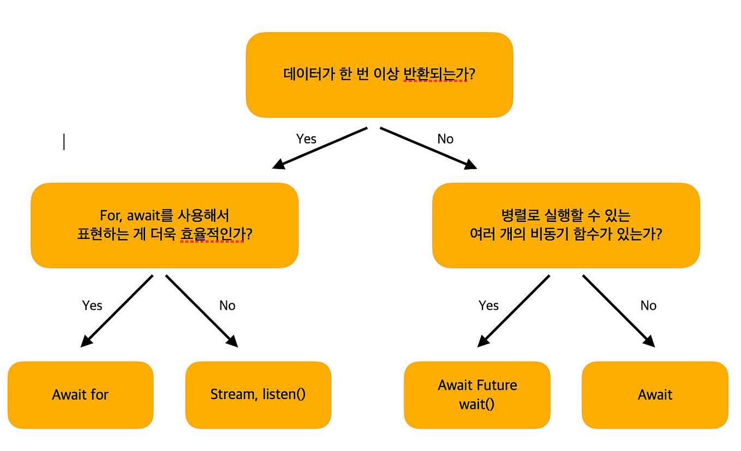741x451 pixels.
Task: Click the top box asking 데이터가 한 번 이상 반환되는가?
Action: click(x=379, y=75)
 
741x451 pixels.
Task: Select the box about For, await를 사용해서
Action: click(x=164, y=225)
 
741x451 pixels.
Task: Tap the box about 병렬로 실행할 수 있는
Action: click(x=566, y=225)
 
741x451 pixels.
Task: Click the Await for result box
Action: click(x=80, y=395)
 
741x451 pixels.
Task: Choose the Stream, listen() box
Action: click(x=258, y=395)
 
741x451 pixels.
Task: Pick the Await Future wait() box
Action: click(x=477, y=395)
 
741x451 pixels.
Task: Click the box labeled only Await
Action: click(x=655, y=395)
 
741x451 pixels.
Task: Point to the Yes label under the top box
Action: click(x=306, y=139)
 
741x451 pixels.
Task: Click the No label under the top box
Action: click(x=445, y=139)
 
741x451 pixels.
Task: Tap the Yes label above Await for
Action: click(x=92, y=305)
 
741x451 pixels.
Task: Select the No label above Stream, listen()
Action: click(x=227, y=305)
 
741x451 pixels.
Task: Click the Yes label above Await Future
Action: click(x=488, y=305)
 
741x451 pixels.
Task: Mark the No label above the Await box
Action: click(x=648, y=305)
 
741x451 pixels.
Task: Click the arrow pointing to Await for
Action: click(x=117, y=311)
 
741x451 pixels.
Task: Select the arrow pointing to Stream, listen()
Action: click(x=202, y=311)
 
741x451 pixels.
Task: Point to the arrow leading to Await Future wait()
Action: click(x=513, y=311)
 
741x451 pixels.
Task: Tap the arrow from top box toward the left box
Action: click(x=320, y=148)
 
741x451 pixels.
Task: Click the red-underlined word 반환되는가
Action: click(x=435, y=74)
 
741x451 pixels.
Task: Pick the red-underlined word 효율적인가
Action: click(x=212, y=234)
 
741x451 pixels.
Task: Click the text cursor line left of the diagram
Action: click(x=64, y=141)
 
